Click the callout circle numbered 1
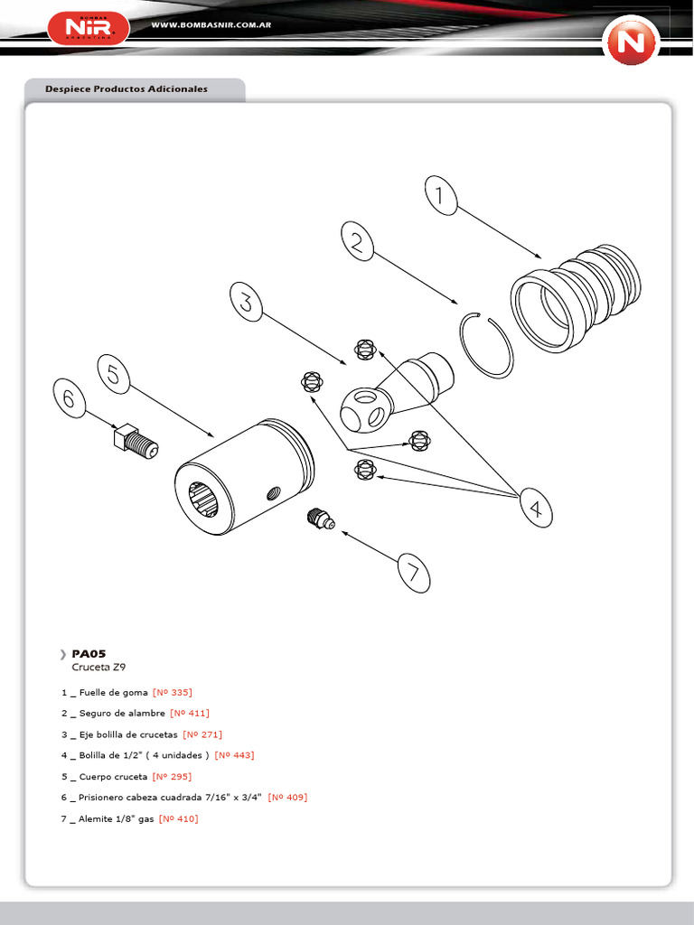click(x=439, y=196)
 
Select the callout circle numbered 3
click(x=248, y=302)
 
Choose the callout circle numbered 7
click(x=413, y=573)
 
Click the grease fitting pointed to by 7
click(x=318, y=519)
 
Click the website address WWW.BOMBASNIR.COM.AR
click(x=212, y=25)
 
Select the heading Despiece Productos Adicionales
click(x=127, y=89)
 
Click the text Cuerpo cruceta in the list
click(x=113, y=777)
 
